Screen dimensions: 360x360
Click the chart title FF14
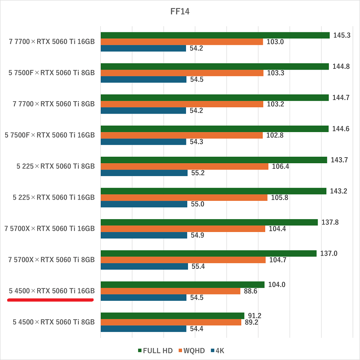pyautogui.click(x=180, y=12)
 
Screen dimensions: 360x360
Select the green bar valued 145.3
pyautogui.click(x=215, y=35)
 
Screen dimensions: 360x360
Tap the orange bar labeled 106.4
pyautogui.click(x=184, y=166)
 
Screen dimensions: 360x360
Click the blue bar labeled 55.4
pyautogui.click(x=144, y=266)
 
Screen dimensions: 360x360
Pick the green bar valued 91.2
pyautogui.click(x=172, y=316)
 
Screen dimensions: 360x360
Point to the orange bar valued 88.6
pyautogui.click(x=170, y=291)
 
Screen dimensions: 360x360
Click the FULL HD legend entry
pyautogui.click(x=156, y=351)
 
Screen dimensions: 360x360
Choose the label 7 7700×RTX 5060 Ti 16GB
pyautogui.click(x=51, y=41)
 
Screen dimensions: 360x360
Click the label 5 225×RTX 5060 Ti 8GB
pyautogui.click(x=54, y=166)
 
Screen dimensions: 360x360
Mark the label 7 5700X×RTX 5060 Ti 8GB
pyautogui.click(x=51, y=260)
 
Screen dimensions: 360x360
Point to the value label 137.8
pyautogui.click(x=330, y=222)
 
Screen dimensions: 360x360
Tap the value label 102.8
pyautogui.click(x=275, y=135)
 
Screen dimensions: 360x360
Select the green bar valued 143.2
pyautogui.click(x=214, y=191)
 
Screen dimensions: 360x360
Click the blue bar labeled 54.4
pyautogui.click(x=144, y=329)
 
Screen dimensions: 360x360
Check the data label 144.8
pyautogui.click(x=341, y=66)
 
